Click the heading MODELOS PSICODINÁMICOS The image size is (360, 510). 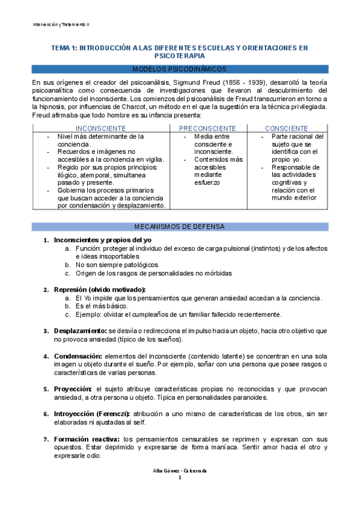pyautogui.click(x=180, y=69)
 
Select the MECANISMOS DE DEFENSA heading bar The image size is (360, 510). pyautogui.click(x=180, y=227)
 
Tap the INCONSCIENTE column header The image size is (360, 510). pyautogui.click(x=101, y=129)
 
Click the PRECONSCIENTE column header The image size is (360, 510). pyautogui.click(x=207, y=129)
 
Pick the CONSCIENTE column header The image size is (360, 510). pyautogui.click(x=286, y=129)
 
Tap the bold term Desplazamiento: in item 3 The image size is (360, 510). pyautogui.click(x=79, y=331)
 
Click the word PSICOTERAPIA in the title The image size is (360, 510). pyautogui.click(x=180, y=55)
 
